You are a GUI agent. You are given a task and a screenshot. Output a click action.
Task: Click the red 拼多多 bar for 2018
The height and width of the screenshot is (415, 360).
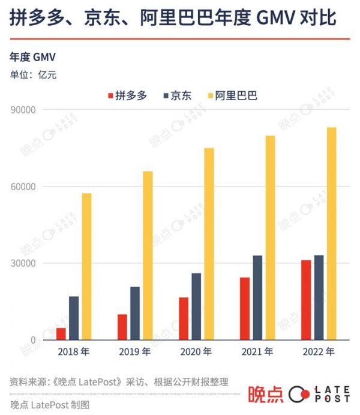coord(61,334)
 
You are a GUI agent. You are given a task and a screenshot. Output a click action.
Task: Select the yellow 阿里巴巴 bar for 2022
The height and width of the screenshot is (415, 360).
coord(331,234)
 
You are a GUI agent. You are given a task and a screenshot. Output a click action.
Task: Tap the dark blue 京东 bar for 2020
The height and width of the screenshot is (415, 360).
coord(196,306)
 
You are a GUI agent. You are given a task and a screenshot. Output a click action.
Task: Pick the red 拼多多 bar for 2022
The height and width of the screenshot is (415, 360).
coord(306,300)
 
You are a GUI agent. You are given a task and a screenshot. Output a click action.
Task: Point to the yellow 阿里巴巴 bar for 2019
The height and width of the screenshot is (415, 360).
coord(148,255)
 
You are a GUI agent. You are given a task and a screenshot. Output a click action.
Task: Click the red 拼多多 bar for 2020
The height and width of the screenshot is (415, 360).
coord(184,318)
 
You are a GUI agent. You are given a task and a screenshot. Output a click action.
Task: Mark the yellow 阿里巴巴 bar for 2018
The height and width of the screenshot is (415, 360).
coord(87,266)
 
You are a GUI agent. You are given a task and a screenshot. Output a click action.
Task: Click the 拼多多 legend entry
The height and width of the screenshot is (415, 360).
coord(127,95)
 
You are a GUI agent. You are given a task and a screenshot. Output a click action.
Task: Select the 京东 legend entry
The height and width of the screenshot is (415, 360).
coord(176,95)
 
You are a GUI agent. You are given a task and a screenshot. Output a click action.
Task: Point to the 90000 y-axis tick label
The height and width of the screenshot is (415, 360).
coord(24,110)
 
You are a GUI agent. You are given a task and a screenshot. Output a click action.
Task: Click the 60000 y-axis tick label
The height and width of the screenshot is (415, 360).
coord(24,187)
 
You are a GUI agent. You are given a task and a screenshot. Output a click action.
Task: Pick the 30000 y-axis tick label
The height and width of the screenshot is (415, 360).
coord(24,263)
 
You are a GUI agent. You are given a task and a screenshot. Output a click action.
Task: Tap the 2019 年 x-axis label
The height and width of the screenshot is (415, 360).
coord(135,352)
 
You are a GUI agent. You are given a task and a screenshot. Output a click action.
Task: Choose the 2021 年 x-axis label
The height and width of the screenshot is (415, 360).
coord(257,352)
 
